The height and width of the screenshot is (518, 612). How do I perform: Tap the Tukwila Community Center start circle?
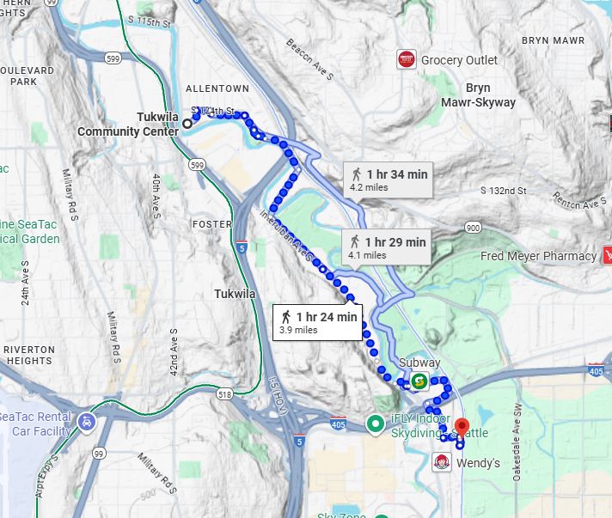click(187, 124)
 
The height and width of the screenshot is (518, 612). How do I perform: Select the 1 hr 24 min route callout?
click(316, 322)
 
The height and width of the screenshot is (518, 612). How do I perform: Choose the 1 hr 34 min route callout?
click(386, 179)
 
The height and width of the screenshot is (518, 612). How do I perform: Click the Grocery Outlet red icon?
click(407, 59)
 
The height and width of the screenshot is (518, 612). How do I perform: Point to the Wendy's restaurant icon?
click(440, 463)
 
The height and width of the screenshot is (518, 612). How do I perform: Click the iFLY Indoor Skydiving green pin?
click(376, 423)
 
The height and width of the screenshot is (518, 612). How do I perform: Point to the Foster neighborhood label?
click(213, 224)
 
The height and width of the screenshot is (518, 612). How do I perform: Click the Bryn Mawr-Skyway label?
click(489, 94)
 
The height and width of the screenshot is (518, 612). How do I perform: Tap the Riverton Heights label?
click(29, 355)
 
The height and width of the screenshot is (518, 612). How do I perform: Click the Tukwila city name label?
click(235, 294)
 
